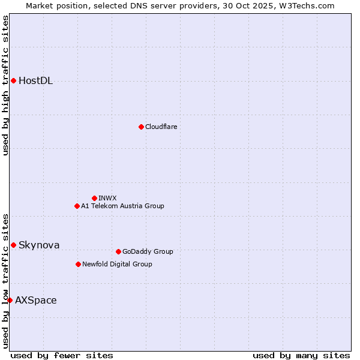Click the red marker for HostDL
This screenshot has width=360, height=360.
tap(13, 80)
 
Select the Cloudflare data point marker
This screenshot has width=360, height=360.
tap(141, 127)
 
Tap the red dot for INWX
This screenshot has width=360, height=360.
tap(94, 198)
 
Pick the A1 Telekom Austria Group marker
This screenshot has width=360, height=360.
tap(77, 206)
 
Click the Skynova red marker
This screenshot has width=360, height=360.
tap(13, 245)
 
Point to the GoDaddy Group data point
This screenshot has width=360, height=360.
tap(118, 251)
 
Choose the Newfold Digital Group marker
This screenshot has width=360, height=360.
tap(78, 264)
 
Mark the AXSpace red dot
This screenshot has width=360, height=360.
tap(10, 300)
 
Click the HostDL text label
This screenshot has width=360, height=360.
tap(35, 81)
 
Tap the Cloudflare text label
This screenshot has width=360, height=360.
tap(161, 127)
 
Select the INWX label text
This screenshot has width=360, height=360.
tap(107, 198)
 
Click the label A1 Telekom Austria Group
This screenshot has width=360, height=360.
tap(122, 206)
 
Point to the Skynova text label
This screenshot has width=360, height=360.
tap(39, 245)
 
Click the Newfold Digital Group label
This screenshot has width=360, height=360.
tap(117, 264)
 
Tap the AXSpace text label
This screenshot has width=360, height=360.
tap(36, 300)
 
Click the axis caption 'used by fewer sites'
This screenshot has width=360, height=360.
tap(62, 355)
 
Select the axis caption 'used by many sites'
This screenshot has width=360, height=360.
tap(301, 355)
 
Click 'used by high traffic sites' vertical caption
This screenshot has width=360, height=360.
tap(5, 85)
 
